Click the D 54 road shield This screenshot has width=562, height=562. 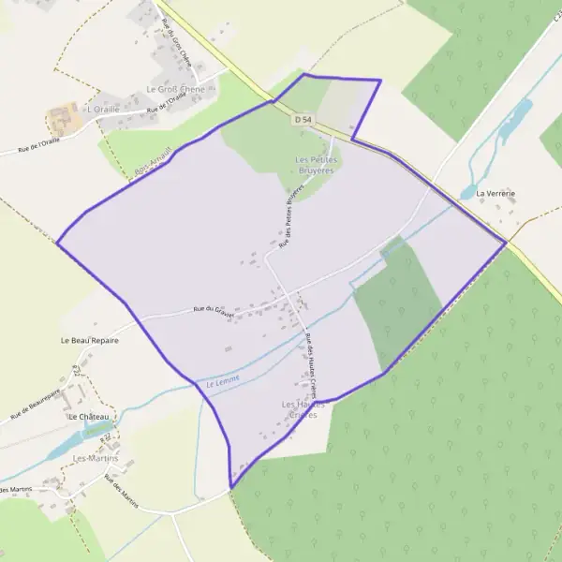(x=301, y=120)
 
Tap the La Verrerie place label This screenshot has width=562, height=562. (x=495, y=194)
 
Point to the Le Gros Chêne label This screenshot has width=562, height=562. (x=175, y=90)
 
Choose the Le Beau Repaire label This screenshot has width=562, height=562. (x=89, y=340)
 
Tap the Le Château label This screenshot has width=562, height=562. (x=89, y=416)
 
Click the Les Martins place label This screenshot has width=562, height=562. (x=96, y=458)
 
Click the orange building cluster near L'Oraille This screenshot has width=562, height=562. (x=61, y=119)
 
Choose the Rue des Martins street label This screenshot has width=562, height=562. (x=121, y=492)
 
